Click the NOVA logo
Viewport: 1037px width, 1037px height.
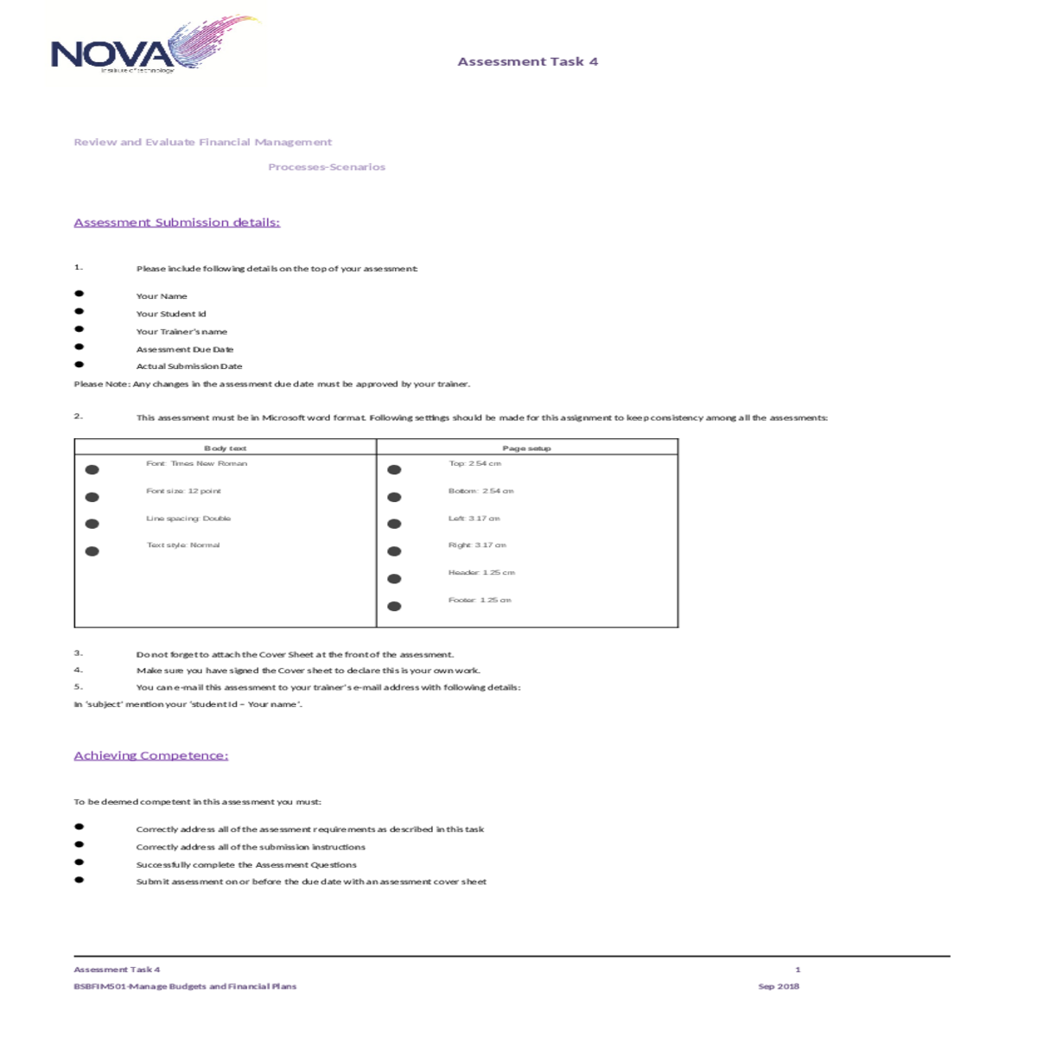coord(156,48)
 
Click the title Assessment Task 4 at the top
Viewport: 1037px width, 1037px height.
coord(527,61)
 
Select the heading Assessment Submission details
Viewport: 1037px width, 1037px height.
coord(177,222)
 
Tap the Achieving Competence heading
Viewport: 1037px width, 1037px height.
coord(151,755)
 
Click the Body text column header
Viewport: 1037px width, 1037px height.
coord(226,448)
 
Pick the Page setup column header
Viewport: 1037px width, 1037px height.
coord(526,448)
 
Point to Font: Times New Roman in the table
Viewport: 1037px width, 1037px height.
coord(196,463)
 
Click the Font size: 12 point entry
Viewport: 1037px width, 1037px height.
coord(183,491)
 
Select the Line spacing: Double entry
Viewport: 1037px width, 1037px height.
coord(188,518)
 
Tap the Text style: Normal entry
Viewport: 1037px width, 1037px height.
coord(183,545)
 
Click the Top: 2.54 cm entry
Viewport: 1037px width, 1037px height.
coord(474,463)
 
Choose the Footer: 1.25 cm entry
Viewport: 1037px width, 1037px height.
coord(480,600)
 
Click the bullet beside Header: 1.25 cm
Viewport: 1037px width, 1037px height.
coord(394,578)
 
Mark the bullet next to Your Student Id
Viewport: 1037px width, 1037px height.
coord(80,311)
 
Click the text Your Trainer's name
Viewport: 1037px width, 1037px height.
coord(181,331)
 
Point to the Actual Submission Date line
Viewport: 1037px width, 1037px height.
coord(189,366)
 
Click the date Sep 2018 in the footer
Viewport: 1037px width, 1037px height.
coord(779,986)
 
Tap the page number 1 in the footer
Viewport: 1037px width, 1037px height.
coord(798,970)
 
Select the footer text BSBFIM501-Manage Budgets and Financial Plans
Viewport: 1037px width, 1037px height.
coord(185,986)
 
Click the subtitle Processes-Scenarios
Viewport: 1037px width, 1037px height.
coord(327,167)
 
